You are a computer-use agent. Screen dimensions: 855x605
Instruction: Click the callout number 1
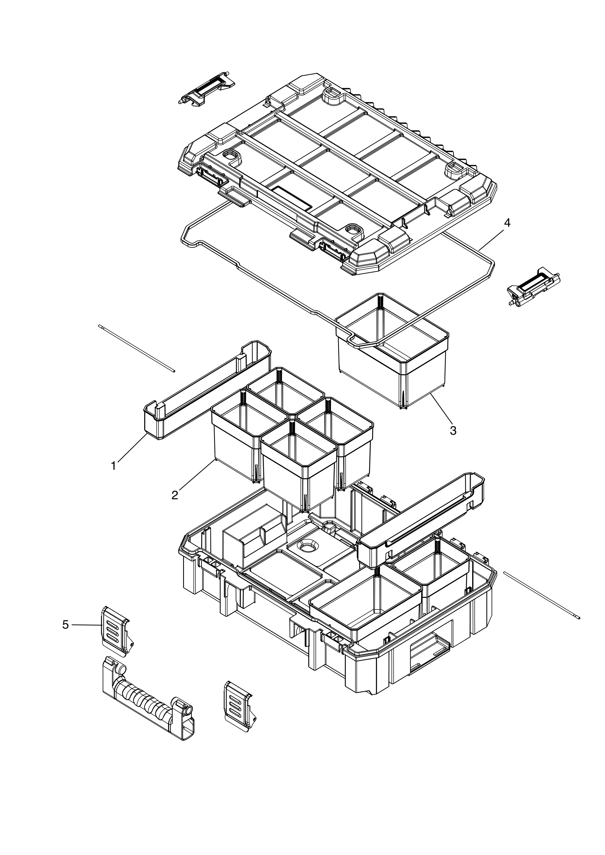click(x=114, y=466)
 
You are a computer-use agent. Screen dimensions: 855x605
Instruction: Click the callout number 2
click(x=175, y=495)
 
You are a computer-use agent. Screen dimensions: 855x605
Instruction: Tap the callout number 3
click(x=453, y=431)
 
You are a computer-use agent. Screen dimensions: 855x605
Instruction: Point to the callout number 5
click(x=66, y=624)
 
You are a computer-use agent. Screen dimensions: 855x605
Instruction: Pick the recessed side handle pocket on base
click(x=428, y=653)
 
